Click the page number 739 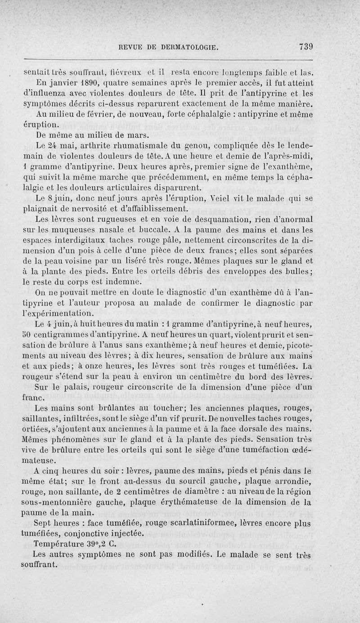(x=305, y=46)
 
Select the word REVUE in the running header (x=130, y=47)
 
